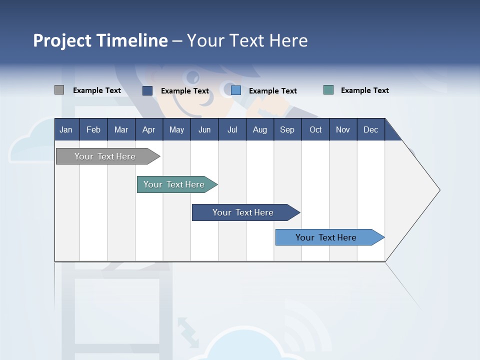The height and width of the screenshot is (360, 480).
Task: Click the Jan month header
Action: pyautogui.click(x=66, y=129)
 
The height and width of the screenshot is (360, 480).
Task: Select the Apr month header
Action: pyautogui.click(x=148, y=129)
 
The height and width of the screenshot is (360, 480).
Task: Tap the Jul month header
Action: pyautogui.click(x=232, y=129)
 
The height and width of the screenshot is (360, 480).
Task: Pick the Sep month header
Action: pyautogui.click(x=287, y=129)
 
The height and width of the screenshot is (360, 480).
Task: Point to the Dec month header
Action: pyautogui.click(x=370, y=129)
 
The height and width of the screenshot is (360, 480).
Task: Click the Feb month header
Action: pyautogui.click(x=93, y=129)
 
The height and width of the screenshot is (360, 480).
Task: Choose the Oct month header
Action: pyautogui.click(x=315, y=129)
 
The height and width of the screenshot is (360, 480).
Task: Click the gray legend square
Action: pyautogui.click(x=59, y=90)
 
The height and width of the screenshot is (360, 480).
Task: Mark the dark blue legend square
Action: pyautogui.click(x=147, y=90)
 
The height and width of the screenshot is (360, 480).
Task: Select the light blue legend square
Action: pyautogui.click(x=236, y=90)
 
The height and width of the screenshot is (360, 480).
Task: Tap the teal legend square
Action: pyautogui.click(x=328, y=90)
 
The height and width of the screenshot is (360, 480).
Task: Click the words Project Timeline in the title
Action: pyautogui.click(x=100, y=40)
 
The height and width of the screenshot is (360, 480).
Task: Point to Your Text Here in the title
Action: pyautogui.click(x=247, y=40)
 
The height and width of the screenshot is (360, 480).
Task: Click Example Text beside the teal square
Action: pyautogui.click(x=364, y=90)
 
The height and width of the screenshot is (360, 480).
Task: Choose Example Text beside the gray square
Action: pyautogui.click(x=97, y=90)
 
